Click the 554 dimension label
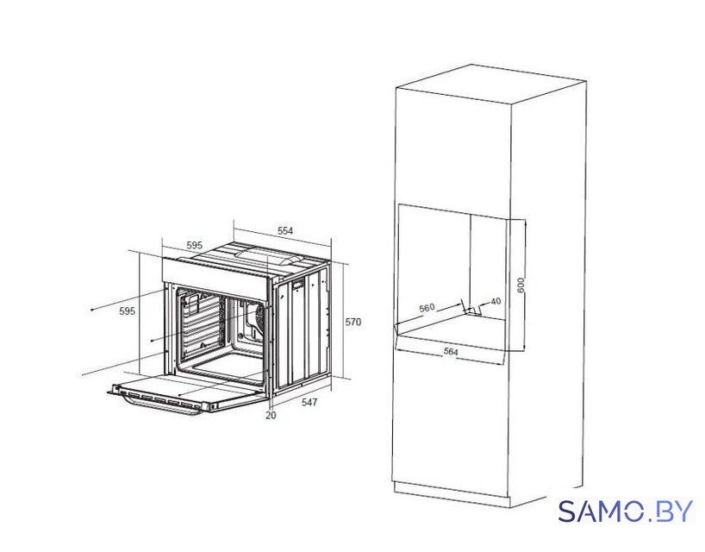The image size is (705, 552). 285,231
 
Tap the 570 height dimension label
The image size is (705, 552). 353,322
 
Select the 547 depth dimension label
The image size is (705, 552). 309,402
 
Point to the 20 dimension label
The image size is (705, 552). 271,415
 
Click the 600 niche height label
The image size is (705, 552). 521,285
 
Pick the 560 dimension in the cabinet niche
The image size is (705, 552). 427,308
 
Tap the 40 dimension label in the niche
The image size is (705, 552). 496,301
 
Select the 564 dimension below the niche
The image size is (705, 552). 451,351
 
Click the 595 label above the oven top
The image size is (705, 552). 194,246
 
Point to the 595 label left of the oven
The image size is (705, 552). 127,310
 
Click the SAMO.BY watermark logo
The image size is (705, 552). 626,511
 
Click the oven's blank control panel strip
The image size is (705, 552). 215,277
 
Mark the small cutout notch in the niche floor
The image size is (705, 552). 472,310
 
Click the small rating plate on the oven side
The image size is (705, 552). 298,285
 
